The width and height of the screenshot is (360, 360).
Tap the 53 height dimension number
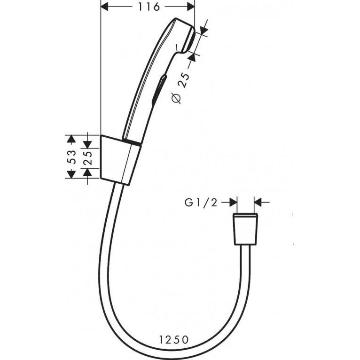point(72,157)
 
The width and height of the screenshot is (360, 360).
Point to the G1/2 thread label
point(201,203)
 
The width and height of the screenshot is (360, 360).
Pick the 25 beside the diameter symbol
point(184,81)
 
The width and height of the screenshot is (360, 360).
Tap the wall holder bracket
point(120,159)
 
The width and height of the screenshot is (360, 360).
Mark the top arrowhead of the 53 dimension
point(71,139)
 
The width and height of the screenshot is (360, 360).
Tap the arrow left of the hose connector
point(232,202)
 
